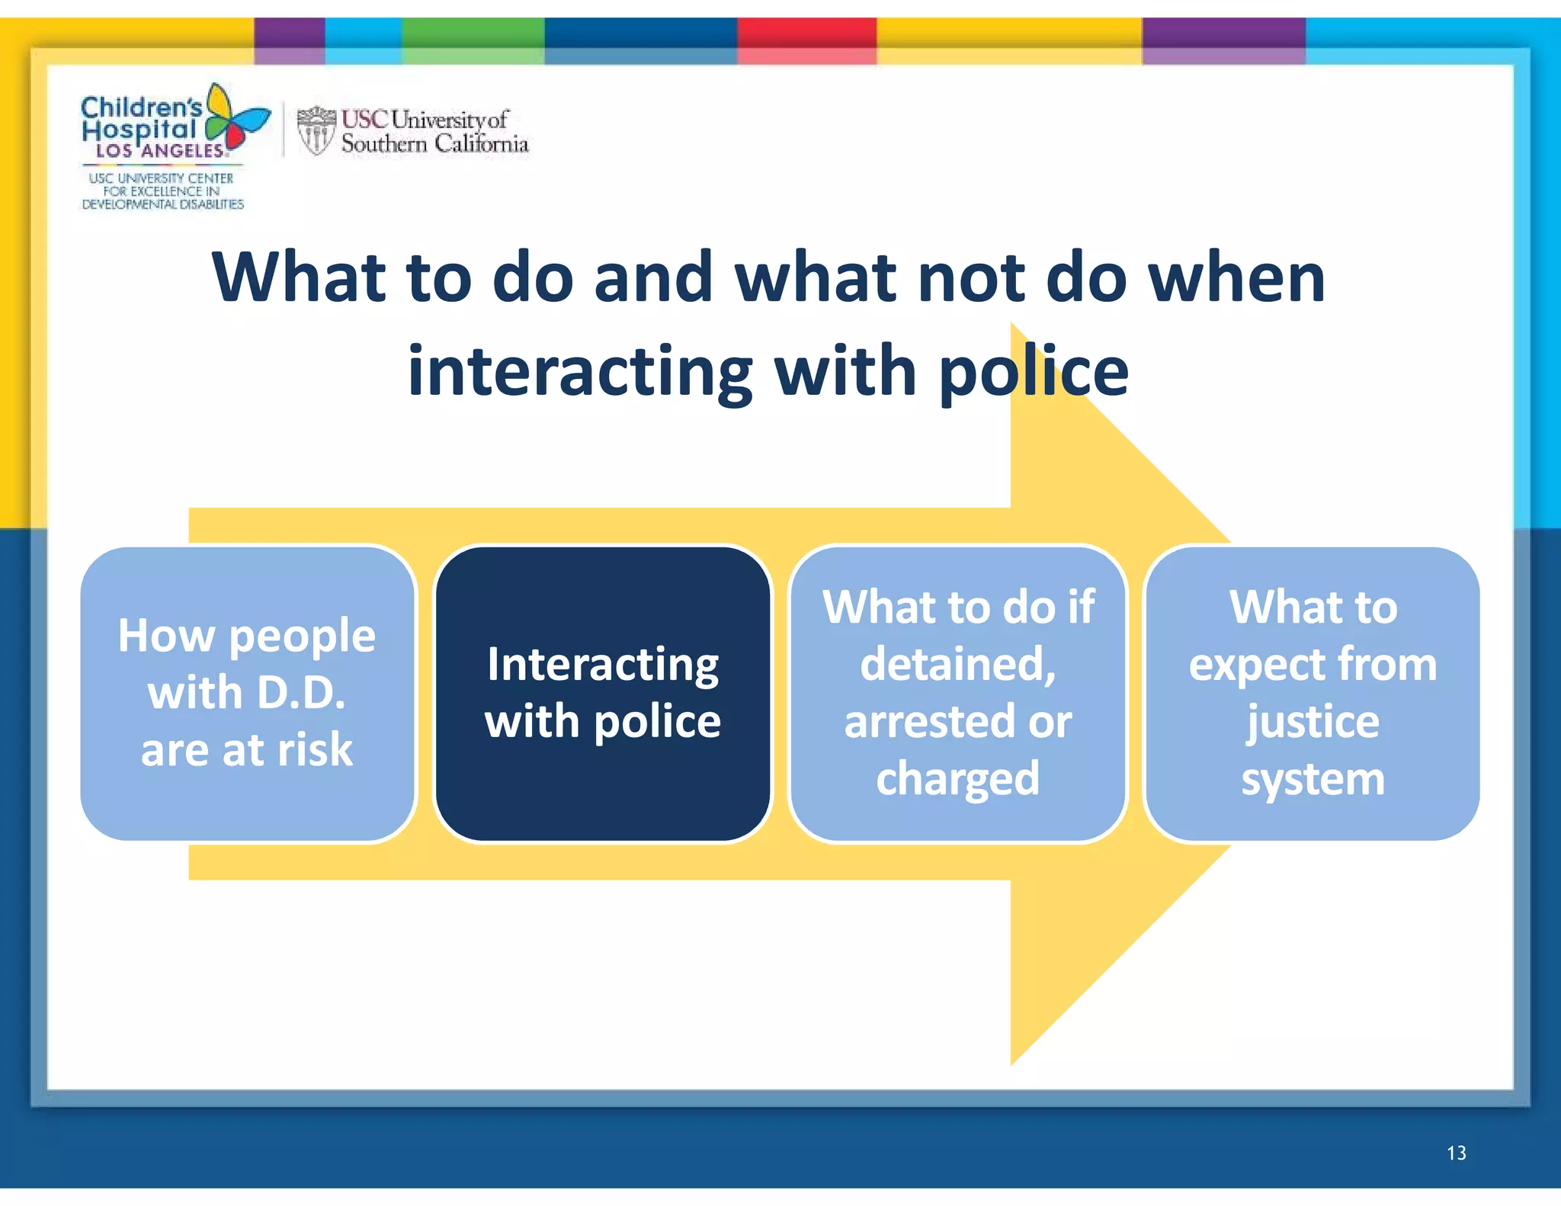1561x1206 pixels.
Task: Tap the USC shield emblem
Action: point(316,130)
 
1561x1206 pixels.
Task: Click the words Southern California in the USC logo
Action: point(434,143)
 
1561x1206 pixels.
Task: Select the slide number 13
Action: point(1456,1153)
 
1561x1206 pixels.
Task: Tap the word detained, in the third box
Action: point(958,665)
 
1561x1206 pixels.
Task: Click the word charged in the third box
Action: point(957,779)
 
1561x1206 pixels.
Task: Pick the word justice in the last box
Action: point(1313,722)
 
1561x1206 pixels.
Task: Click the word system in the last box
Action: point(1313,779)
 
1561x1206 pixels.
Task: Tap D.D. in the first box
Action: point(301,693)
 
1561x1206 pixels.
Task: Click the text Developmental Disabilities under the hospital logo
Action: point(162,204)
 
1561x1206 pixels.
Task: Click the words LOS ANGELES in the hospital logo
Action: point(160,151)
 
